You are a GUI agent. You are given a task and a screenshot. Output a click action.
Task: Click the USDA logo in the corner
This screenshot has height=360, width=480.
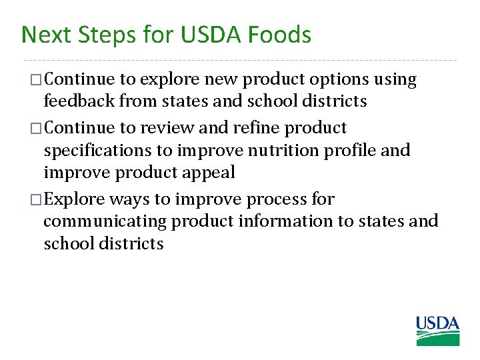(438, 331)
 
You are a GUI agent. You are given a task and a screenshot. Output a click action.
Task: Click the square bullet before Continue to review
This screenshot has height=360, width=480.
(37, 128)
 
